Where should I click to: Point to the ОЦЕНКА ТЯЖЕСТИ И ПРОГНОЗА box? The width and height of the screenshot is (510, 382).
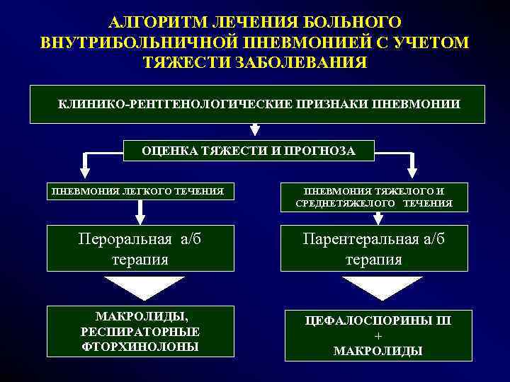(x=249, y=151)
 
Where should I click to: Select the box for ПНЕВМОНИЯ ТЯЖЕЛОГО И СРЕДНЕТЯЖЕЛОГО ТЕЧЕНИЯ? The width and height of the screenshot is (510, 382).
(x=374, y=197)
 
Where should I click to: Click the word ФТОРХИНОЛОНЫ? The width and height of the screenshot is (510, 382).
(x=140, y=347)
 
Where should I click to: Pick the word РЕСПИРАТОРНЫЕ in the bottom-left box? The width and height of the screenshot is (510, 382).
(x=140, y=331)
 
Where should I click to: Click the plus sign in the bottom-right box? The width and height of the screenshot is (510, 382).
(x=377, y=335)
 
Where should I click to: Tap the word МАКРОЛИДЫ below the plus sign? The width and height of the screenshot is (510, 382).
(x=378, y=350)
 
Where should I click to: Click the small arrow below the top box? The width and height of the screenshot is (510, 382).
(x=255, y=130)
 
